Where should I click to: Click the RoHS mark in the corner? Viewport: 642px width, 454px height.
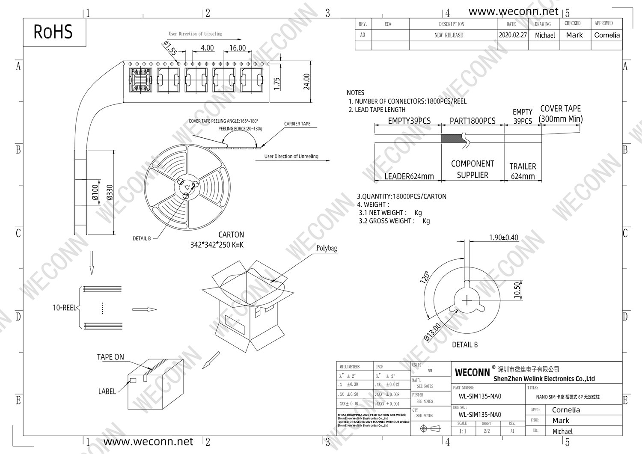(53, 32)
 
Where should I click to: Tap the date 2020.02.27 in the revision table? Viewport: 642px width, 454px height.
(512, 35)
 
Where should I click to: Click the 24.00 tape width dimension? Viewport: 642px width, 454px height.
(306, 82)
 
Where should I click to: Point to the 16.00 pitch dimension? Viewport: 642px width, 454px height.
(238, 48)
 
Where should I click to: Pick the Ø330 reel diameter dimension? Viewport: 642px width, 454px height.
(110, 193)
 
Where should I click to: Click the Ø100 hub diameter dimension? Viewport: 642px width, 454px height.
(95, 193)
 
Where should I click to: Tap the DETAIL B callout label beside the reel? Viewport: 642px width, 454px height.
(142, 238)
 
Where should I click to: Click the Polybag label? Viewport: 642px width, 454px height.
(327, 248)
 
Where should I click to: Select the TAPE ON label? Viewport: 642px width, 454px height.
(110, 357)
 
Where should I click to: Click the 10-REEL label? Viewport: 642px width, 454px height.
(64, 308)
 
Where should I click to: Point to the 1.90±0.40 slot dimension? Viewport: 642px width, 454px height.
(503, 237)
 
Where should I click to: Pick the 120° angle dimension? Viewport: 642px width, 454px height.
(425, 277)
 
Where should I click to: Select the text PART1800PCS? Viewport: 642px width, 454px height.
(473, 121)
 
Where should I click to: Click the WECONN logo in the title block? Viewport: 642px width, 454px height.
(472, 373)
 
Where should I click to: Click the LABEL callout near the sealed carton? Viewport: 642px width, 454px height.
(107, 392)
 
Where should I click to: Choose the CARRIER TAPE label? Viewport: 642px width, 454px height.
(297, 124)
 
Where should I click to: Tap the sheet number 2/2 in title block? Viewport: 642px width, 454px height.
(487, 431)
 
